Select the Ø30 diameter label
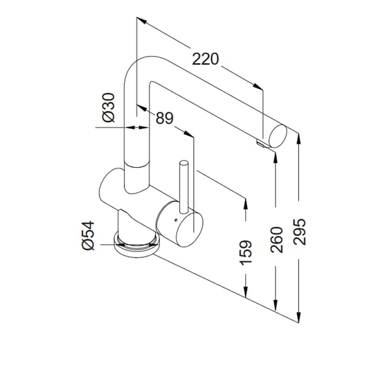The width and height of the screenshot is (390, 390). click(x=109, y=107)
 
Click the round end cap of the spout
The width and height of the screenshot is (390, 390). click(x=278, y=136)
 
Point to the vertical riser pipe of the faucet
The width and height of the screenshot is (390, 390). click(x=136, y=156)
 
